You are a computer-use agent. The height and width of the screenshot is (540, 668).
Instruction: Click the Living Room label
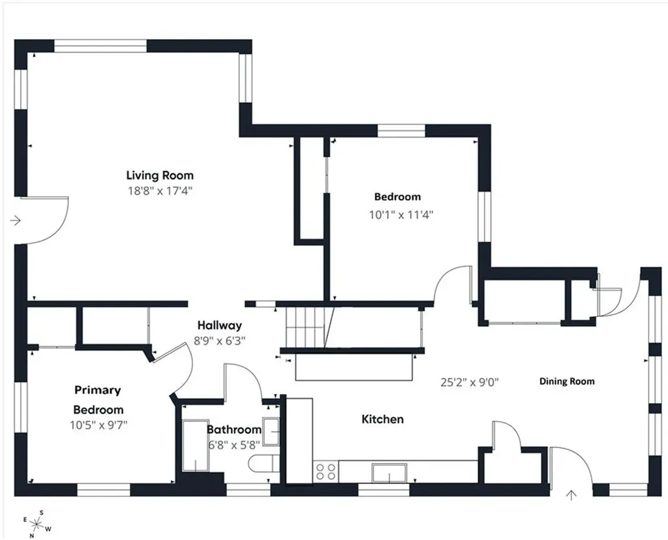pyautogui.click(x=160, y=175)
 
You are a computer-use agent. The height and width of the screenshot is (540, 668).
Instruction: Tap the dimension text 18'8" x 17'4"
pyautogui.click(x=160, y=191)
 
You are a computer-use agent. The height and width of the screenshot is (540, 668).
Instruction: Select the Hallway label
pyautogui.click(x=220, y=325)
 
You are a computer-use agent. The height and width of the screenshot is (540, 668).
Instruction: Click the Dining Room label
pyautogui.click(x=566, y=381)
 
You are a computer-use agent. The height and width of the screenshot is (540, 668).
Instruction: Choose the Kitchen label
pyautogui.click(x=382, y=419)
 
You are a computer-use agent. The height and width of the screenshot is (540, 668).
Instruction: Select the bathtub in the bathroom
pyautogui.click(x=195, y=445)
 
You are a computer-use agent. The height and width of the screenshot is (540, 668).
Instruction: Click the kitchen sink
pyautogui.click(x=389, y=472)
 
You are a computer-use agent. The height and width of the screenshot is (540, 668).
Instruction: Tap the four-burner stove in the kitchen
pyautogui.click(x=326, y=471)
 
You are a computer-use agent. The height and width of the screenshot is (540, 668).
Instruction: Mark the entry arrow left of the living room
pyautogui.click(x=16, y=221)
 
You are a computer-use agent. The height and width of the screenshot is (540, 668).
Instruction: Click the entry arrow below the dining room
pyautogui.click(x=572, y=495)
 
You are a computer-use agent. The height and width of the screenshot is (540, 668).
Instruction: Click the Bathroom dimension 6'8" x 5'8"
pyautogui.click(x=234, y=445)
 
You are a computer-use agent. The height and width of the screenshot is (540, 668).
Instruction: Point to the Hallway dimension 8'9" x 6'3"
pyautogui.click(x=220, y=340)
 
